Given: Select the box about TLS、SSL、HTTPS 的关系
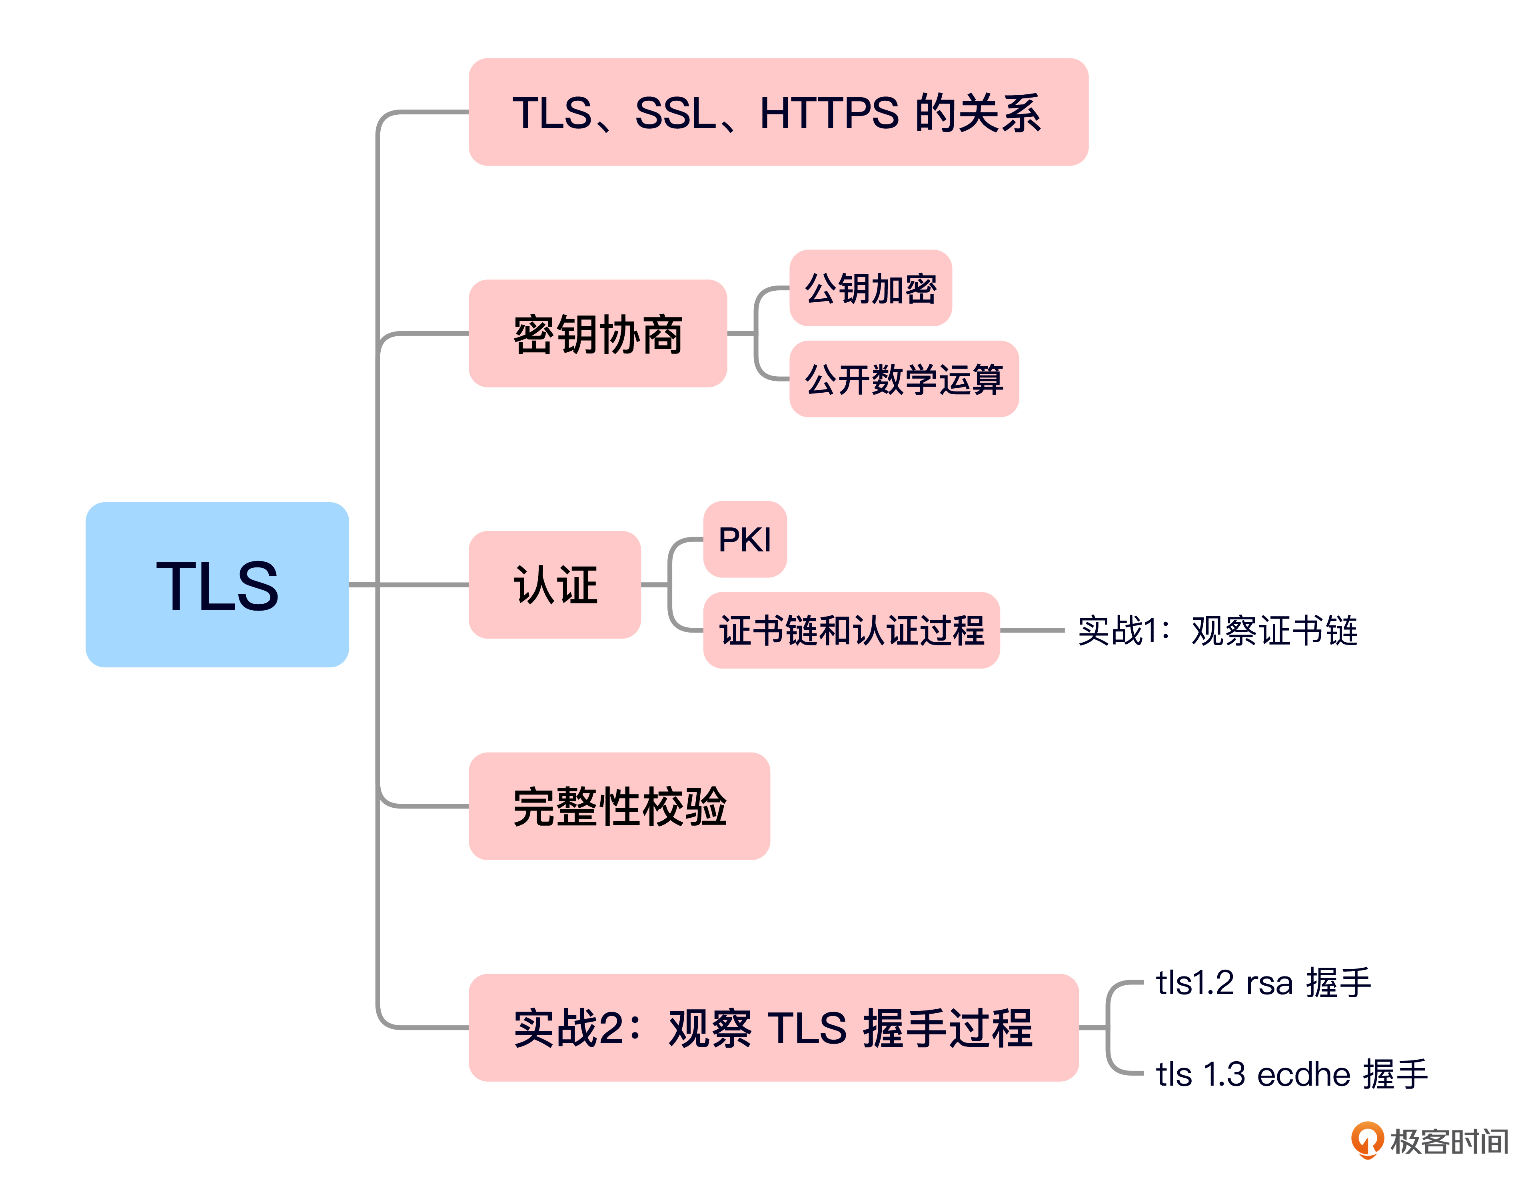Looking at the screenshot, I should click(x=778, y=112).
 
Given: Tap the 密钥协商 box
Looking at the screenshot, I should click(x=598, y=333).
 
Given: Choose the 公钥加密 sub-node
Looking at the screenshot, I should click(x=871, y=288).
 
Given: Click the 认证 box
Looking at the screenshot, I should click(x=555, y=584).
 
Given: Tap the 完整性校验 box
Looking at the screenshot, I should click(x=619, y=806).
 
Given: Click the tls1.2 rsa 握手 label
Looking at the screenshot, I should click(x=1262, y=982).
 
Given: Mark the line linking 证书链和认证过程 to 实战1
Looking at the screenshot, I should click(x=1033, y=630).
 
